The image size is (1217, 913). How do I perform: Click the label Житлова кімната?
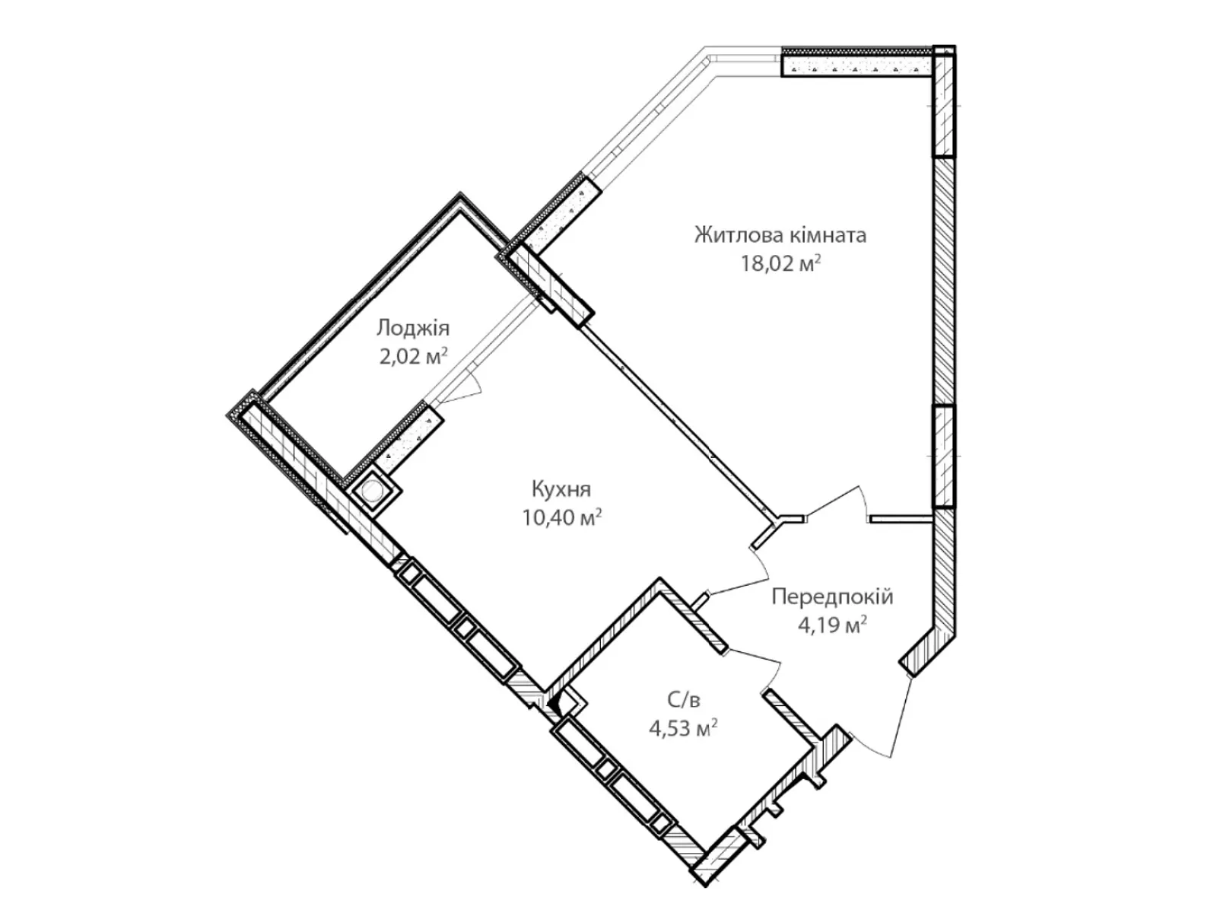(x=780, y=236)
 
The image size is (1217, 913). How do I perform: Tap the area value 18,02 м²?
(x=780, y=264)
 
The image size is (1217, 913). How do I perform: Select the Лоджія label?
(x=413, y=329)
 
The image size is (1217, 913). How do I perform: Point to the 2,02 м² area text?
(x=413, y=356)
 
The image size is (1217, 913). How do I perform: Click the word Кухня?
(x=561, y=489)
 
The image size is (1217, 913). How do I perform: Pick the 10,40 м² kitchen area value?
(x=561, y=518)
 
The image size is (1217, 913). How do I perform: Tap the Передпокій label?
(x=832, y=597)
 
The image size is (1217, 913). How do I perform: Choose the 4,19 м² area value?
(x=832, y=625)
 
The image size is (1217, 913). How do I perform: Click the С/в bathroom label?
(x=683, y=701)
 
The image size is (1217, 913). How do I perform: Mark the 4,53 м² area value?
(x=683, y=728)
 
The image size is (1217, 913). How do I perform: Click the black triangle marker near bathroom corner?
(x=555, y=706)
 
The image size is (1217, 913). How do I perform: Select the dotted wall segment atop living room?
(x=857, y=62)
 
